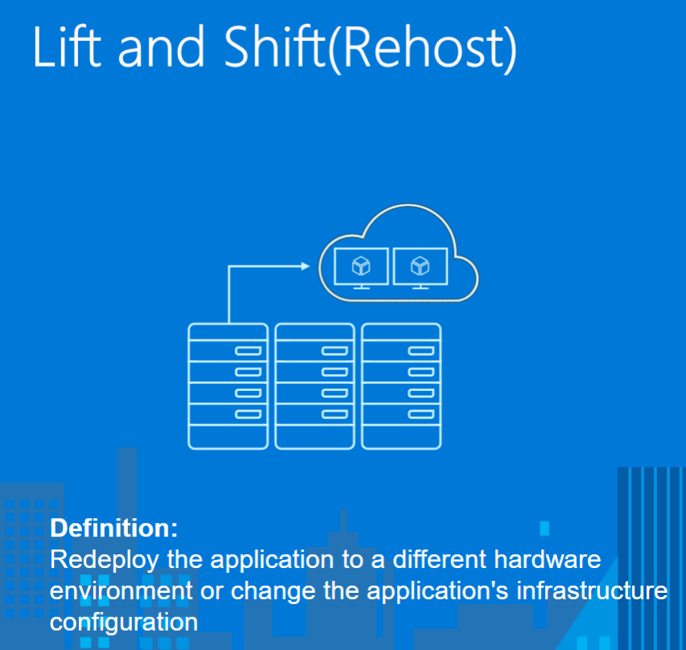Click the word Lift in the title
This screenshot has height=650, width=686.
tap(67, 47)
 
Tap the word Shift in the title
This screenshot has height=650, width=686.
tap(274, 47)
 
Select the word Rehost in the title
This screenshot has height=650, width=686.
tap(422, 47)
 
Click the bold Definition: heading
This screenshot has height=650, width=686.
tap(114, 528)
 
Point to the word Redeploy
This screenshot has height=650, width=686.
tap(104, 561)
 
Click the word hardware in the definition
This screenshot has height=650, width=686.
tap(548, 559)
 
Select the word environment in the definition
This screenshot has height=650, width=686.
tap(122, 591)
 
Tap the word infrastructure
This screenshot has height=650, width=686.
tap(592, 590)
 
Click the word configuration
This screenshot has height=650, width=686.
tap(124, 623)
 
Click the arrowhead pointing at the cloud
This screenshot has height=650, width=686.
tap(305, 265)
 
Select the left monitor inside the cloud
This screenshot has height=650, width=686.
tap(361, 269)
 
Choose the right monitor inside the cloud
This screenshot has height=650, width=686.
tap(420, 269)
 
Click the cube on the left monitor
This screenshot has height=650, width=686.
tap(361, 265)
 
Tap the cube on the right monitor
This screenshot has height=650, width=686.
tap(420, 265)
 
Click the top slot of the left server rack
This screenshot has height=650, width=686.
tap(248, 351)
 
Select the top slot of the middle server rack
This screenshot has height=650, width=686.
tap(335, 351)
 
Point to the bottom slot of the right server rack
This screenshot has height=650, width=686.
tap(421, 414)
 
